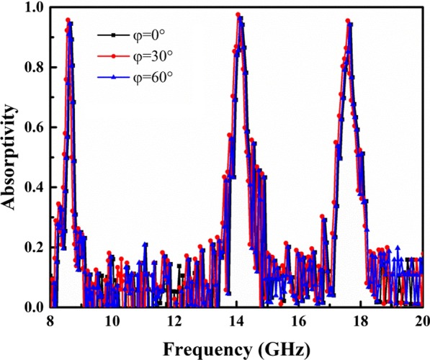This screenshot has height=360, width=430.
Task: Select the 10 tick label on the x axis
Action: pyautogui.click(x=112, y=321)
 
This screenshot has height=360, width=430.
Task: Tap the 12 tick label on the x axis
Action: pyautogui.click(x=174, y=321)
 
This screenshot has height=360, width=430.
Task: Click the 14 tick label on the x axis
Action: pyautogui.click(x=236, y=321)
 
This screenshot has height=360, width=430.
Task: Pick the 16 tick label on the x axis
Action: pyautogui.click(x=299, y=321)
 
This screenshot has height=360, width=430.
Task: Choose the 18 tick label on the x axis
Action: pyautogui.click(x=361, y=321)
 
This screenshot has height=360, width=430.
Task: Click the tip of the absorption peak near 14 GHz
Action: pyautogui.click(x=238, y=14)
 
